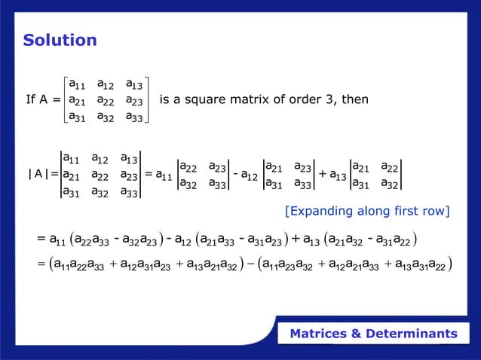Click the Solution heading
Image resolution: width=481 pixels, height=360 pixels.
pyautogui.click(x=60, y=40)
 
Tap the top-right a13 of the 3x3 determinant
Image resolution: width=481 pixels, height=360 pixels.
pyautogui.click(x=131, y=158)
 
